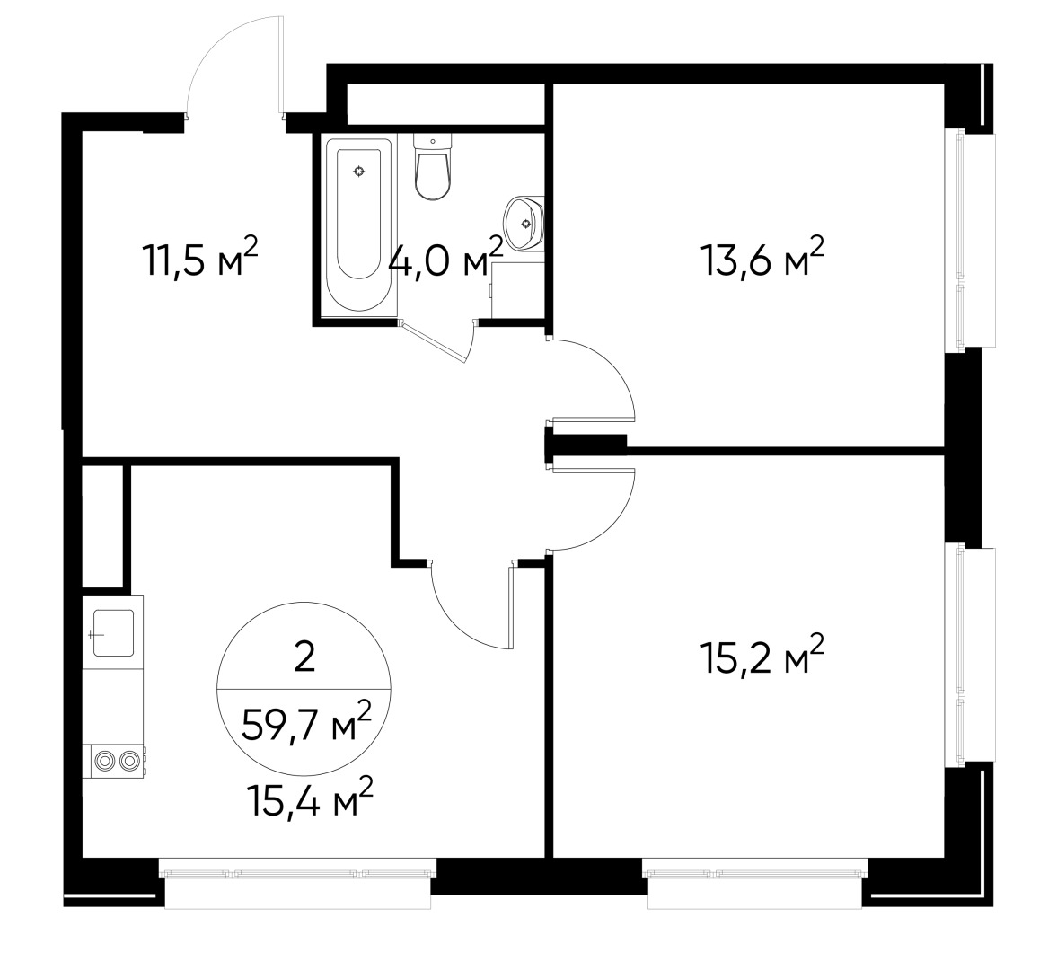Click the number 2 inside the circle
(x=304, y=657)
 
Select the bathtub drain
(x=358, y=172)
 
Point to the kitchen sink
(x=112, y=632)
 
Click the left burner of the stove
(x=104, y=762)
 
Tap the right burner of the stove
(x=128, y=762)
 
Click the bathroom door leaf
(x=434, y=343)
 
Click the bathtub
(x=358, y=225)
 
